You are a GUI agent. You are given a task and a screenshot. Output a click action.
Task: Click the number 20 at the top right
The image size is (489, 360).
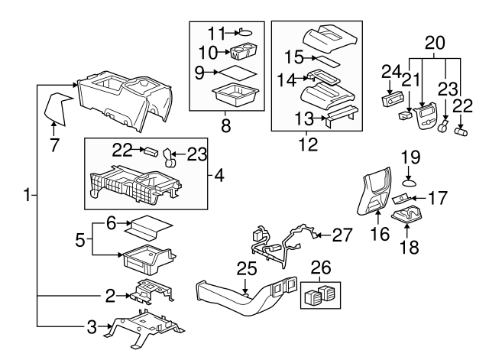433,42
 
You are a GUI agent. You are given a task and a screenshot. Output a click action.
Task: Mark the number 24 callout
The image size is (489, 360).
390,73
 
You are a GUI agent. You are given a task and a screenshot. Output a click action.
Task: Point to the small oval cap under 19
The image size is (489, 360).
410,183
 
